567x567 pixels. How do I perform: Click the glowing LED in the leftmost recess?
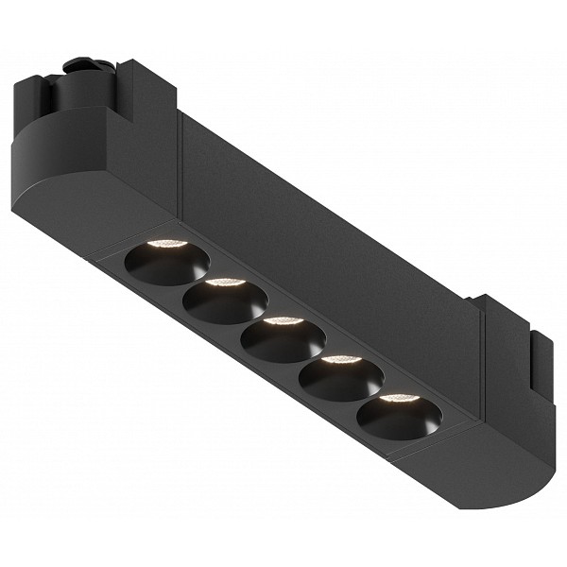[x=168, y=244]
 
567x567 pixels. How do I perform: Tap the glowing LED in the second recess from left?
[x=225, y=282]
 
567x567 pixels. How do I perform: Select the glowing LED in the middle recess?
[x=283, y=320]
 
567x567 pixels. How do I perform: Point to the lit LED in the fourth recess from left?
[x=340, y=359]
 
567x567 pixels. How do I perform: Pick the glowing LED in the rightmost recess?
[x=398, y=397]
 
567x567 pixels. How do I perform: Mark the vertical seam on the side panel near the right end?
[x=483, y=369]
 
